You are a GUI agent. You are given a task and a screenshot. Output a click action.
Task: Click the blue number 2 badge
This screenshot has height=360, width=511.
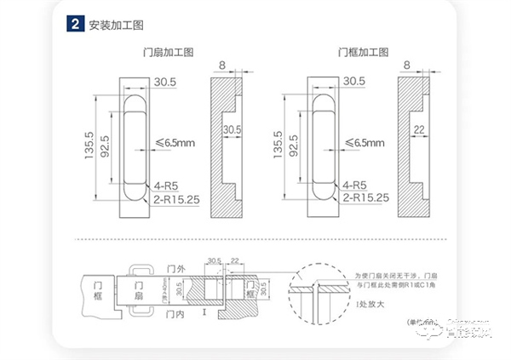[x=74, y=24]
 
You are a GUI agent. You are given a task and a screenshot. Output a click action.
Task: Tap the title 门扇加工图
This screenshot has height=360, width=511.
[x=168, y=53]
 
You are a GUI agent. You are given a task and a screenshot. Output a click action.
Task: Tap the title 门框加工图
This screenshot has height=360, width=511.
[x=355, y=53]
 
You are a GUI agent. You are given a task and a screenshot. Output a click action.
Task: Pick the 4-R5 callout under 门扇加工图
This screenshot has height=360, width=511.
[x=165, y=185]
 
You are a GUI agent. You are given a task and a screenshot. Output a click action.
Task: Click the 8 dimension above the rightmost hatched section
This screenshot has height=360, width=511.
[x=407, y=65]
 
